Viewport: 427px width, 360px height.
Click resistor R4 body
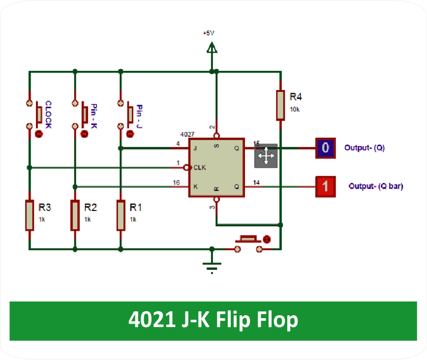(x=280, y=105)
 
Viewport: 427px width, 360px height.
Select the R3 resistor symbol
(x=30, y=215)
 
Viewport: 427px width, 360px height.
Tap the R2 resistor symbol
(x=75, y=215)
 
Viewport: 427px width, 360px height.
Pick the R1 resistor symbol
(x=121, y=215)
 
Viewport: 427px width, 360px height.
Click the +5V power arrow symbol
(x=212, y=48)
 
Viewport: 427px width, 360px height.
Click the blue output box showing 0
(x=325, y=148)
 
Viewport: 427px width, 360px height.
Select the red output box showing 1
(x=325, y=186)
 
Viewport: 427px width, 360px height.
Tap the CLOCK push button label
(x=48, y=115)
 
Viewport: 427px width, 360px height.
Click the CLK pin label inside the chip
(x=200, y=167)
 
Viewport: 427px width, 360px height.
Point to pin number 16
(x=176, y=182)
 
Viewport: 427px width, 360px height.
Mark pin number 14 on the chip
(x=256, y=182)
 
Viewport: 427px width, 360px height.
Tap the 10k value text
(x=295, y=109)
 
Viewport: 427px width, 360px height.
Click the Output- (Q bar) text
(x=375, y=186)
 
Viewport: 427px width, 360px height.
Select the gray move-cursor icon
(x=266, y=156)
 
